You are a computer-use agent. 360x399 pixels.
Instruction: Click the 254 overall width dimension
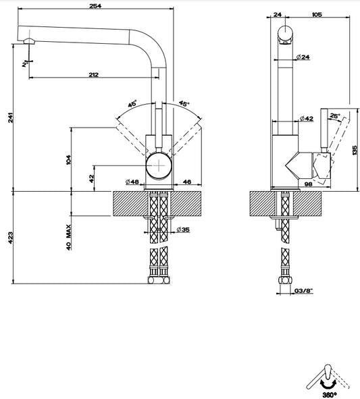pyautogui.click(x=95, y=5)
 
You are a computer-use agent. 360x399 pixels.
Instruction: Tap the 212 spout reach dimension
pyautogui.click(x=93, y=74)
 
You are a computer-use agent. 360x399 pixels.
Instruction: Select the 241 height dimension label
pyautogui.click(x=10, y=117)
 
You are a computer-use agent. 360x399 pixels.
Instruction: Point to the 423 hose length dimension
pyautogui.click(x=10, y=238)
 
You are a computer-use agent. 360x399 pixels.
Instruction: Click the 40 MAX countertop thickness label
pyautogui.click(x=69, y=238)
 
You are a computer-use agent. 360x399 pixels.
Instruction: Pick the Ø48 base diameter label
pyautogui.click(x=132, y=182)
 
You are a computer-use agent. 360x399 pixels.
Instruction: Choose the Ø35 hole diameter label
pyautogui.click(x=183, y=230)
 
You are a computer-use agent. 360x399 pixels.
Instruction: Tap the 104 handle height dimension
pyautogui.click(x=69, y=159)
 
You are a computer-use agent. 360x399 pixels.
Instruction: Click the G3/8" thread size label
pyautogui.click(x=303, y=290)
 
